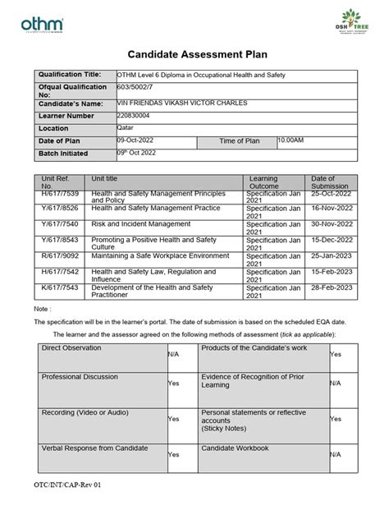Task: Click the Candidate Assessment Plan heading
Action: [194, 53]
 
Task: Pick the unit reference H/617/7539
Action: [56, 193]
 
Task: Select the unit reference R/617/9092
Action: [56, 256]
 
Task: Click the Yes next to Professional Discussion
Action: [173, 383]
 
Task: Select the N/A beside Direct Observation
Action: [173, 354]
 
